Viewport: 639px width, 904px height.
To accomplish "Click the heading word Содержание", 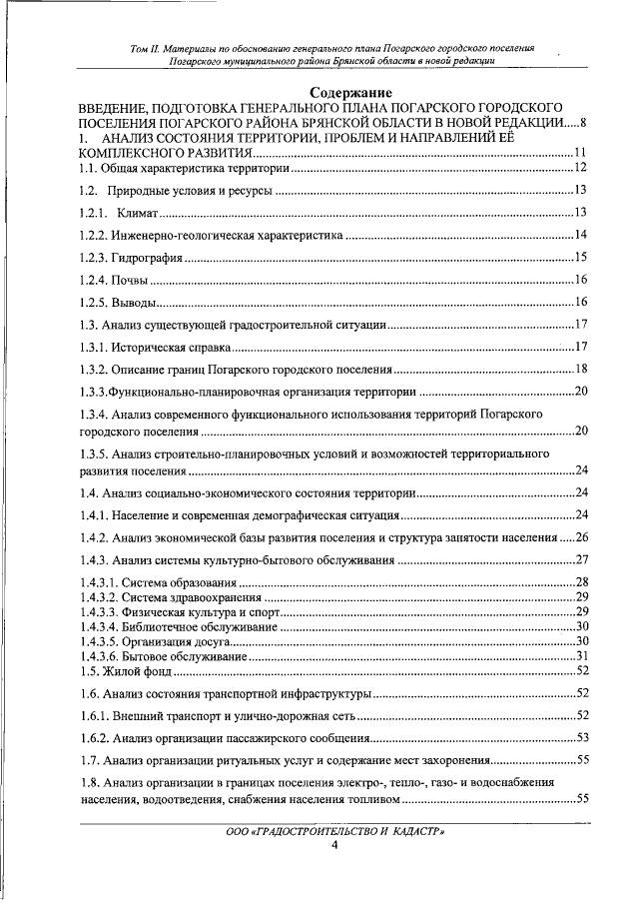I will [319, 93].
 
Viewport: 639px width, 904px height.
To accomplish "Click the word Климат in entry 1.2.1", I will [138, 212].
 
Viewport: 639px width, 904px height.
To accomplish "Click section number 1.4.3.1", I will [98, 581].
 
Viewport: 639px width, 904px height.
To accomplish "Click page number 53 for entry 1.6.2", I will [582, 737].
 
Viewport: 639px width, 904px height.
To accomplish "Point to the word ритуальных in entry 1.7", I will [232, 760].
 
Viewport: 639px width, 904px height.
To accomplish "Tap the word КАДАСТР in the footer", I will [411, 831].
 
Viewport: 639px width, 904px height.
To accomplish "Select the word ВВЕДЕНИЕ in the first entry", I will [119, 107].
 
